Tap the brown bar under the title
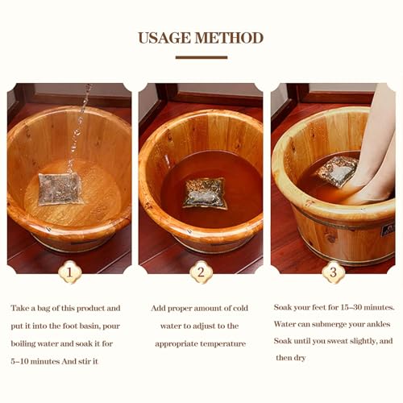click(x=201, y=57)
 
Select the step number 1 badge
click(x=69, y=272)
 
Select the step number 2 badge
click(x=201, y=272)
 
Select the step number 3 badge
click(x=332, y=272)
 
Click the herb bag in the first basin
click(x=60, y=189)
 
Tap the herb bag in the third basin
click(x=337, y=171)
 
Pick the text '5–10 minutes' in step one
click(x=37, y=360)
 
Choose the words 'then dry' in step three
click(x=292, y=358)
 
